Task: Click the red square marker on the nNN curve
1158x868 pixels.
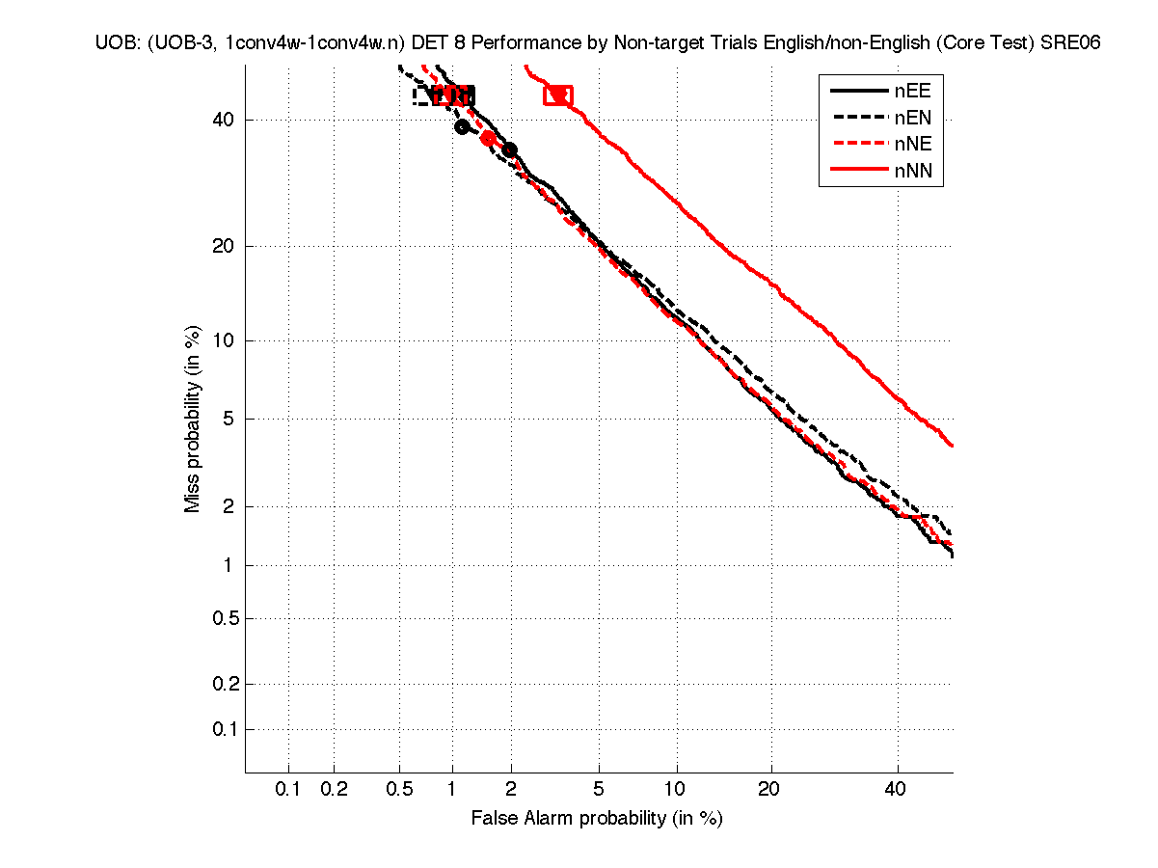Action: click(557, 95)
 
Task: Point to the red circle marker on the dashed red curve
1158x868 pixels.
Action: click(488, 138)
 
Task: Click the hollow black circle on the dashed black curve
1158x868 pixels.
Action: click(462, 126)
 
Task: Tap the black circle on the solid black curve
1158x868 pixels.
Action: click(509, 149)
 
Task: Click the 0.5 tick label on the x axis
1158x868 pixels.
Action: click(399, 790)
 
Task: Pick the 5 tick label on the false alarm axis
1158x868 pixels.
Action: click(599, 790)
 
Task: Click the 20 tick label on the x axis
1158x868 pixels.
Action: click(768, 790)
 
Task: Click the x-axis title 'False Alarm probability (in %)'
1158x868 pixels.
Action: click(597, 819)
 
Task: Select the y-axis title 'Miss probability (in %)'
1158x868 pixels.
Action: click(194, 420)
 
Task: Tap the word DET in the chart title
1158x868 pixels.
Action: click(431, 42)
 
